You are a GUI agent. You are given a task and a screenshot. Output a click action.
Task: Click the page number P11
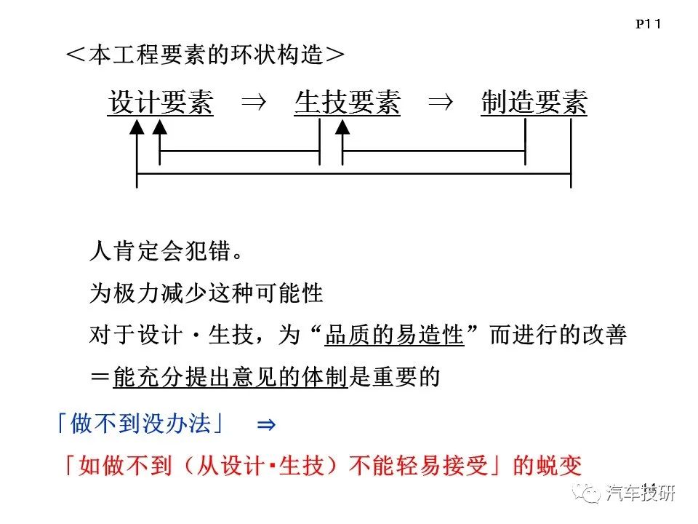click(x=648, y=24)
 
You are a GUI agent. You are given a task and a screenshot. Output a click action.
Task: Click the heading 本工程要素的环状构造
click(x=205, y=55)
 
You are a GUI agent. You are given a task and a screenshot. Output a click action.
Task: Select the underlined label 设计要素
click(x=160, y=103)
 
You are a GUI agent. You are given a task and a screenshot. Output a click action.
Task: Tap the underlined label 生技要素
click(x=348, y=103)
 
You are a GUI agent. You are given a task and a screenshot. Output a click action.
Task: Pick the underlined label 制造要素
click(x=534, y=103)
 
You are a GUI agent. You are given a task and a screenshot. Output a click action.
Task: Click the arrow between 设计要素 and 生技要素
click(x=254, y=103)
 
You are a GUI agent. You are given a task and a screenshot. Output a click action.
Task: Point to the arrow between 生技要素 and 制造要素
click(x=441, y=103)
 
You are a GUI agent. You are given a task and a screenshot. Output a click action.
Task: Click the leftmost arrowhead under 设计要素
click(x=137, y=127)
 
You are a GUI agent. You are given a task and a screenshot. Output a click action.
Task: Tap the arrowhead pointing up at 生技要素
click(x=342, y=127)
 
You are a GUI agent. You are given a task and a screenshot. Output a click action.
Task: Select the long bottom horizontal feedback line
click(x=354, y=174)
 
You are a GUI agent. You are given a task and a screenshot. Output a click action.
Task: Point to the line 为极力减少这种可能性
click(x=206, y=293)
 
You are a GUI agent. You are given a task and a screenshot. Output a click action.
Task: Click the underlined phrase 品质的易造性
click(x=394, y=335)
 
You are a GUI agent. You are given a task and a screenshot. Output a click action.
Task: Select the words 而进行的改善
click(x=558, y=335)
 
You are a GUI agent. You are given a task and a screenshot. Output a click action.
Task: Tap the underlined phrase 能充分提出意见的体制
click(x=230, y=377)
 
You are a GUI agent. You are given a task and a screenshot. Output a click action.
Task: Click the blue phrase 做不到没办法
click(x=140, y=423)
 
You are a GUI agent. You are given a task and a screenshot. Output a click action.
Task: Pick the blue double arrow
click(x=266, y=424)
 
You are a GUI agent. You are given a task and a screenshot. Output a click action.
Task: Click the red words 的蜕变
click(x=547, y=466)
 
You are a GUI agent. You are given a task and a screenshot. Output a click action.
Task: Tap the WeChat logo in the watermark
click(x=587, y=493)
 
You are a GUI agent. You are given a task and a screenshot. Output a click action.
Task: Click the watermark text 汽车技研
click(x=640, y=493)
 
